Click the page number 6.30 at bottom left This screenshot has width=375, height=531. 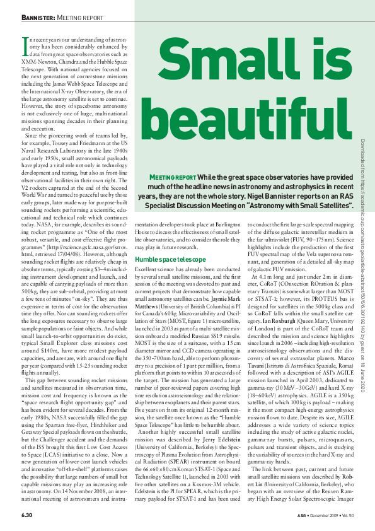click(23, 516)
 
